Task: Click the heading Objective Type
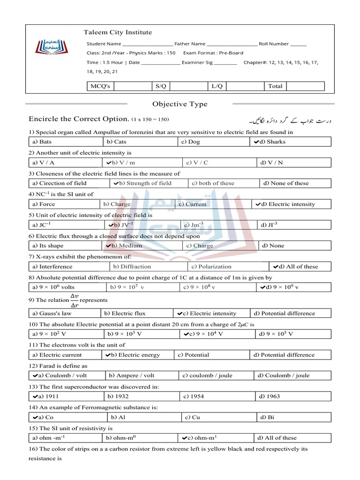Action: (x=180, y=104)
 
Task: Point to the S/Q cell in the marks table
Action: (x=161, y=86)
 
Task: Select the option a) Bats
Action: (x=42, y=142)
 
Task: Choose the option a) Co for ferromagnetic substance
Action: (x=43, y=417)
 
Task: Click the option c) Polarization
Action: (x=211, y=266)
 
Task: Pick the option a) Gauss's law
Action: (x=52, y=313)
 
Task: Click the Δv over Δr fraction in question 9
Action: (x=74, y=300)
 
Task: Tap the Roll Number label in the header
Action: (x=274, y=44)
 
